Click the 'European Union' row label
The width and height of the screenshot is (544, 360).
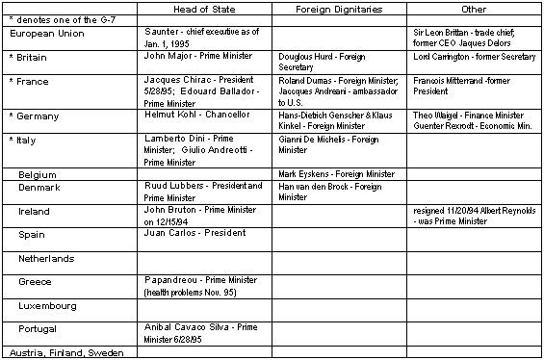(44, 34)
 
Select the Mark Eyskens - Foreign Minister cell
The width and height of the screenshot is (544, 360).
(336, 174)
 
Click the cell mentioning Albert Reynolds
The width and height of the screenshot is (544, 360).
(469, 215)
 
